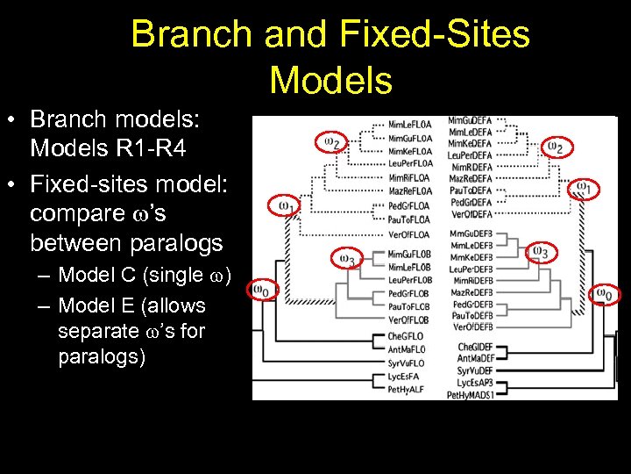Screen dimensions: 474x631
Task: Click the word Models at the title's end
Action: pos(330,79)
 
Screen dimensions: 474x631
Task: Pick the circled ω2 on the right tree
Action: pos(555,147)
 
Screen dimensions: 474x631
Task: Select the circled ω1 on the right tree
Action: pos(583,189)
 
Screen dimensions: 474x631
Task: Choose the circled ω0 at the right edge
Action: pos(605,294)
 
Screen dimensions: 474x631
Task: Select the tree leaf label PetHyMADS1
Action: pos(470,395)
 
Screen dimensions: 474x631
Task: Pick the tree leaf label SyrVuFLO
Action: pos(408,362)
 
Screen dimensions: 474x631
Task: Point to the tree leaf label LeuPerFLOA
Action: pos(410,163)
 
